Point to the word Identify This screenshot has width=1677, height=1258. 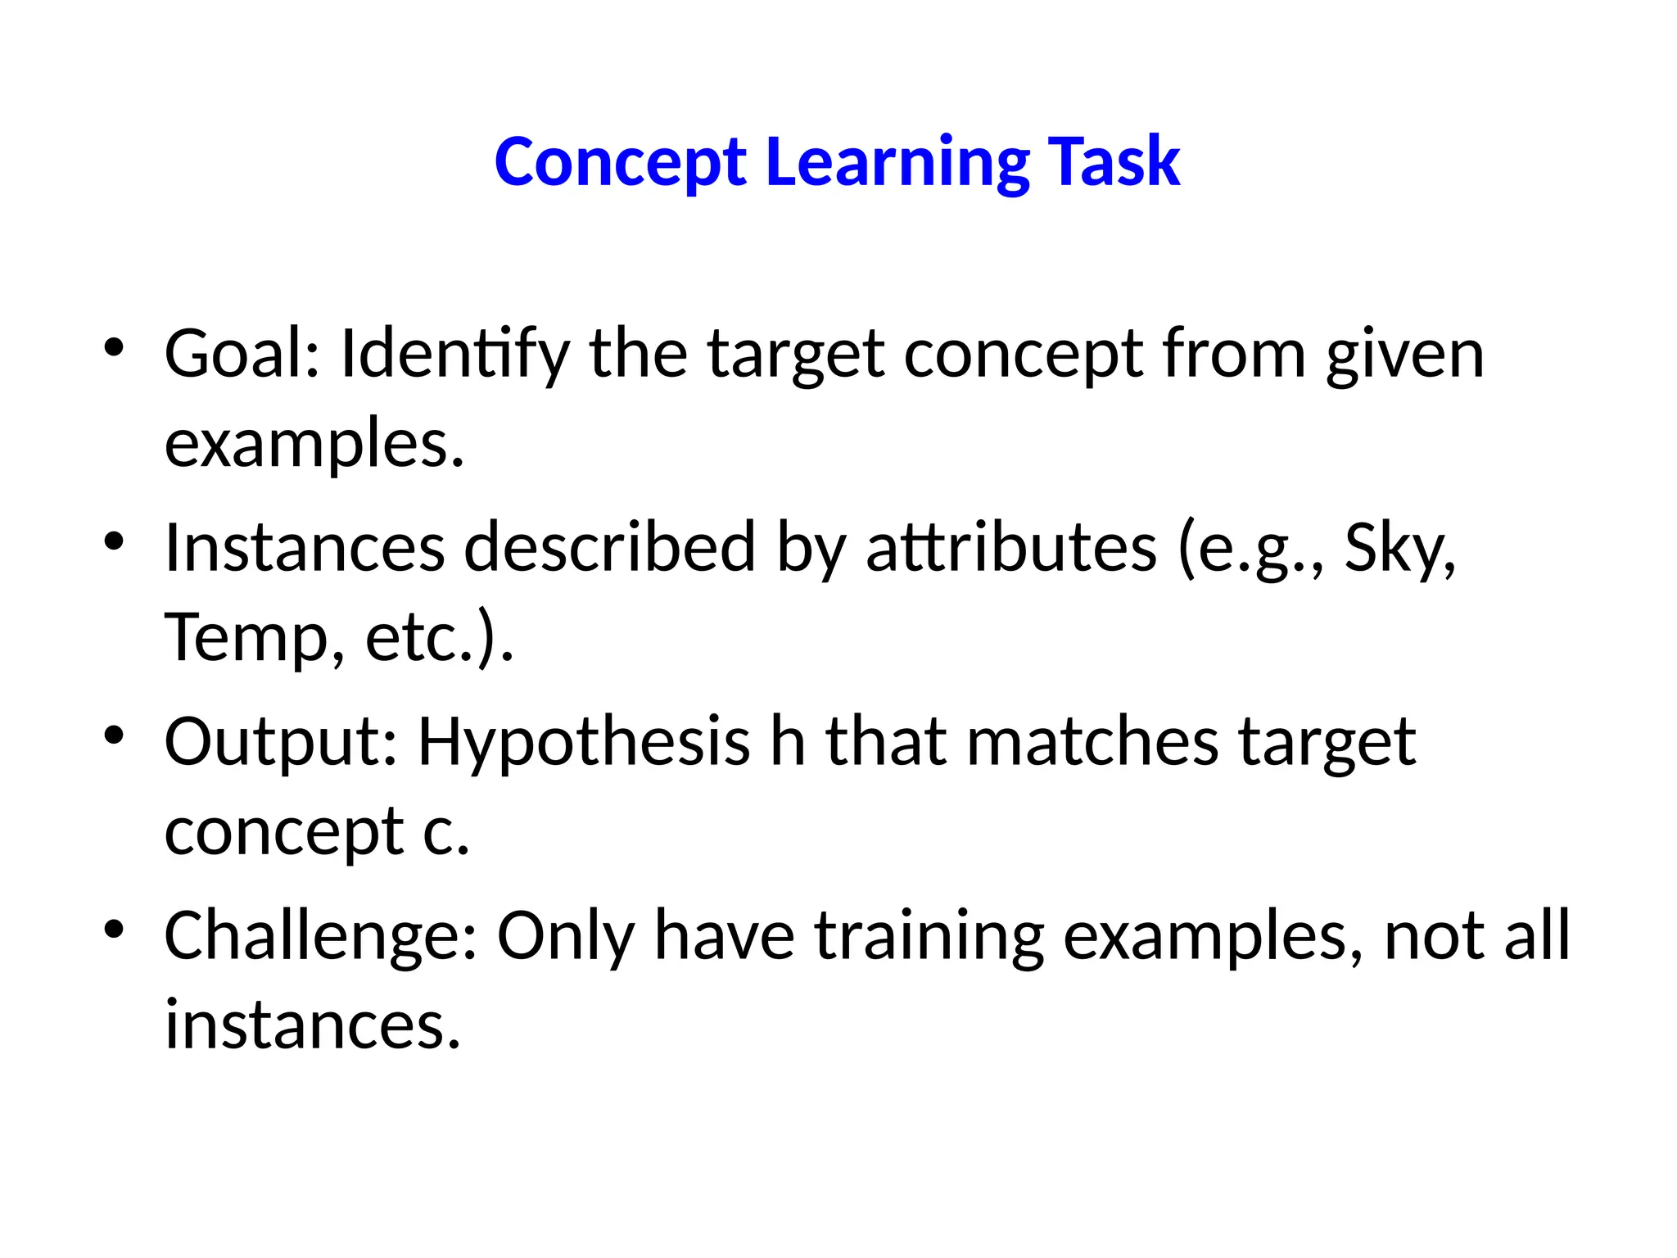[x=454, y=354]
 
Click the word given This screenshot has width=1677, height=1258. [x=1404, y=354]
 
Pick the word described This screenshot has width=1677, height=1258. [x=610, y=547]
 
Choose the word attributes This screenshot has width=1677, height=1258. [x=1011, y=547]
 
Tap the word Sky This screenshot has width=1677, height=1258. [x=1399, y=547]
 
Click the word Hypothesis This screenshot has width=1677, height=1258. [x=584, y=742]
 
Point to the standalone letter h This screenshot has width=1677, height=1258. [x=788, y=742]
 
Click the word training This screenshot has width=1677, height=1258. [x=929, y=935]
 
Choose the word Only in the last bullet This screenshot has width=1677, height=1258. [x=565, y=935]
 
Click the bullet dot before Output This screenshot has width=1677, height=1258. [x=114, y=734]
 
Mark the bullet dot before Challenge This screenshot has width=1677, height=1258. [x=114, y=928]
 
